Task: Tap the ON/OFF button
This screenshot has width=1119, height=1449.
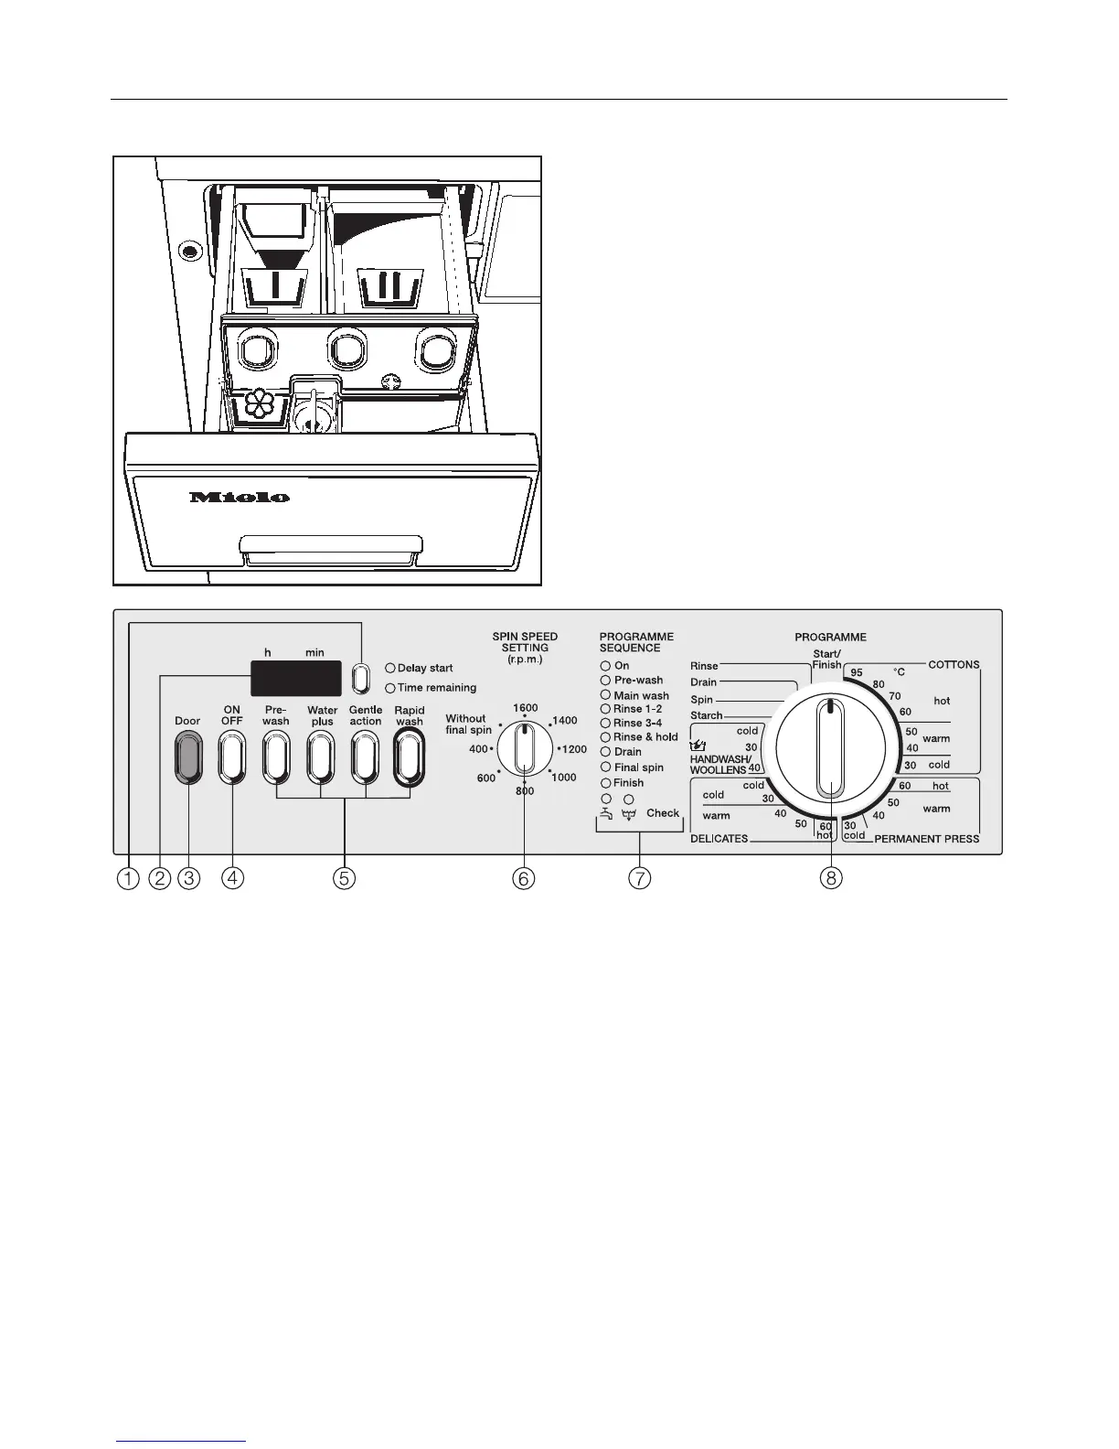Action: [x=232, y=759]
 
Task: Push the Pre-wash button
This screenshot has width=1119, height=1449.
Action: [x=276, y=759]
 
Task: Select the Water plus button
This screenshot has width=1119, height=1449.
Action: [x=321, y=759]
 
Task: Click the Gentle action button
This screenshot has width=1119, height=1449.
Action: [x=365, y=759]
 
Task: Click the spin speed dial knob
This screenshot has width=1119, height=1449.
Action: [x=525, y=749]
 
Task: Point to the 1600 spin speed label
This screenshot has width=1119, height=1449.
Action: [x=525, y=708]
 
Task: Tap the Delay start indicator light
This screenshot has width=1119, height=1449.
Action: [x=390, y=669]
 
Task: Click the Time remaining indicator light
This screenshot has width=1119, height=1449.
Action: [x=390, y=688]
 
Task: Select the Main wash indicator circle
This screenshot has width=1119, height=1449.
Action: [x=605, y=695]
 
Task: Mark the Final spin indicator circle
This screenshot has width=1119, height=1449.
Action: [x=605, y=767]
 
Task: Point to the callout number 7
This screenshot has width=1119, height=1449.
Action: [x=639, y=878]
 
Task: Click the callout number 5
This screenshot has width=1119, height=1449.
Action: [x=344, y=878]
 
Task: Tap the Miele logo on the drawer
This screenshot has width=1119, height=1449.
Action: [x=240, y=498]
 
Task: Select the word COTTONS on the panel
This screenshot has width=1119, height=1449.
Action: [x=954, y=665]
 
